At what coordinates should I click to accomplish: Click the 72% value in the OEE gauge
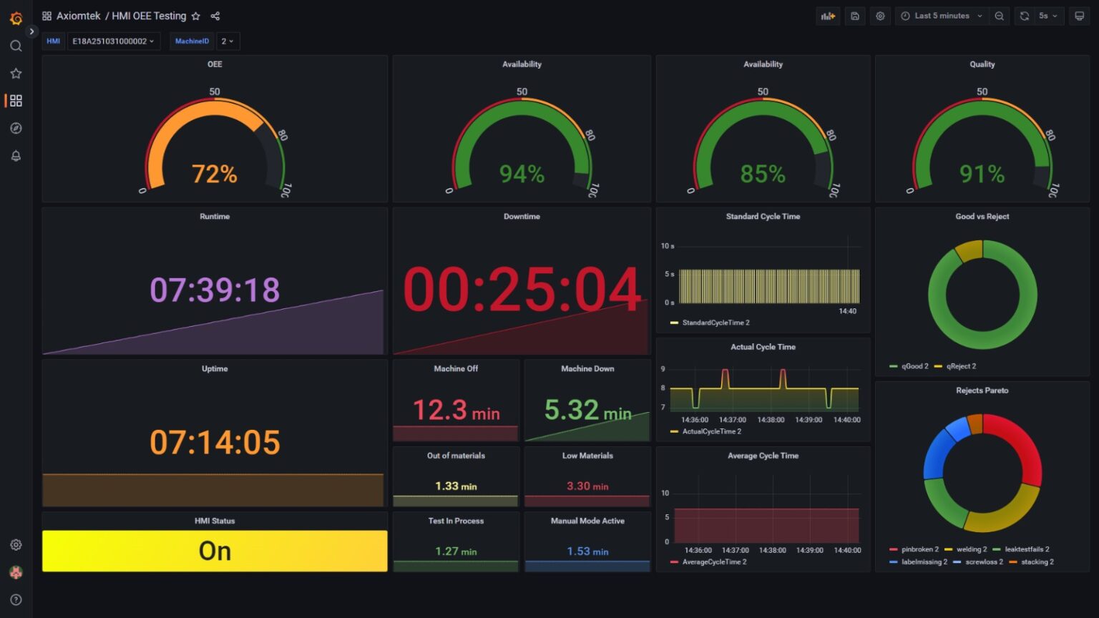[x=214, y=174]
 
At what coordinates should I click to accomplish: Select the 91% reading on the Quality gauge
[x=982, y=174]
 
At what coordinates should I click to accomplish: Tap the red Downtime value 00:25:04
[x=522, y=290]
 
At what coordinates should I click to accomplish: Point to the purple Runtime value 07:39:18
[x=215, y=290]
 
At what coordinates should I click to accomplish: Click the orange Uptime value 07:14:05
[x=215, y=442]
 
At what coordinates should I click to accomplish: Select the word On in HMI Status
[x=215, y=551]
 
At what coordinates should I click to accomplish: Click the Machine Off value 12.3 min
[x=456, y=411]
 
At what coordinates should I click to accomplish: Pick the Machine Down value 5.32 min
[x=587, y=411]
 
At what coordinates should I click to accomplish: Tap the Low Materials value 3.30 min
[x=587, y=486]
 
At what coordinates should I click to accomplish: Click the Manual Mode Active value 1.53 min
[x=587, y=551]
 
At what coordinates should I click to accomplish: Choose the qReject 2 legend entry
[x=960, y=366]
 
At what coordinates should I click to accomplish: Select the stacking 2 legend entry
[x=1037, y=562]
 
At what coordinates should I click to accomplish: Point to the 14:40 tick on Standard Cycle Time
[x=847, y=311]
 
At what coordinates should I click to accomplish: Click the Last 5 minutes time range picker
[x=942, y=16]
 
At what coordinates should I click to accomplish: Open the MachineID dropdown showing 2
[x=228, y=41]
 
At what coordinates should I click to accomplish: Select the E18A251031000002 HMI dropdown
[x=113, y=41]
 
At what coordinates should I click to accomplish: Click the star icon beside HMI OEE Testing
[x=196, y=16]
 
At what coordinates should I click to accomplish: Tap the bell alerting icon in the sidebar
[x=16, y=156]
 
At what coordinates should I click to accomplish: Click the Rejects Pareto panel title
[x=982, y=391]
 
